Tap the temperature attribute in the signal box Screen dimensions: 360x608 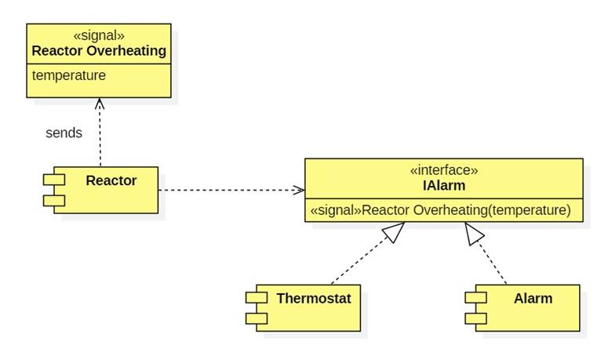(x=68, y=75)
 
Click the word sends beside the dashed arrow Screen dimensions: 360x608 (x=64, y=133)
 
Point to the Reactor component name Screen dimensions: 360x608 (x=111, y=180)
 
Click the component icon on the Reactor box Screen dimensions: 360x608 (x=54, y=190)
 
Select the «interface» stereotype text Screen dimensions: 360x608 (x=443, y=170)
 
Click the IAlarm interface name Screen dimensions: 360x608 (x=443, y=185)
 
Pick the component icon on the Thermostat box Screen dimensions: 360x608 (x=257, y=307)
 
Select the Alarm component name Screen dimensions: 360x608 (x=533, y=298)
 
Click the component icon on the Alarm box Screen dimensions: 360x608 (x=476, y=307)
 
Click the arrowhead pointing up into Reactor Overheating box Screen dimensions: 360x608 (x=99, y=102)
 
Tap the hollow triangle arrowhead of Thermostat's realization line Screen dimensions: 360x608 (x=395, y=231)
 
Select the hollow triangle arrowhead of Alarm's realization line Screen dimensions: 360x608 (x=473, y=232)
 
